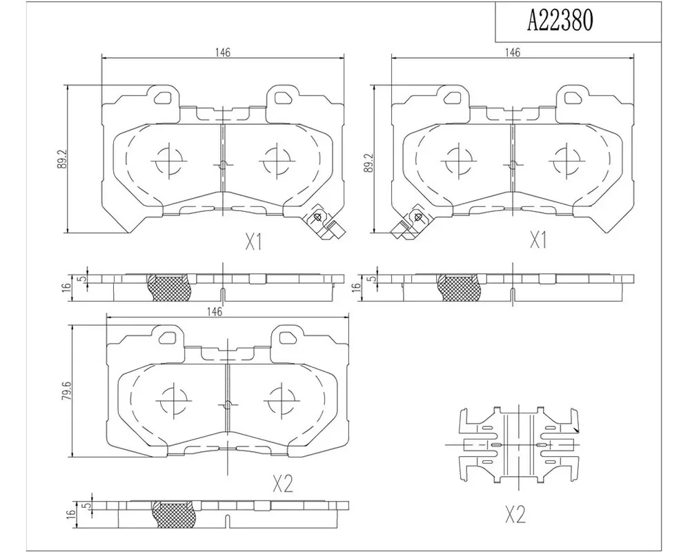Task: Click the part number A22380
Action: pyautogui.click(x=560, y=20)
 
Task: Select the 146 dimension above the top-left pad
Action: pyautogui.click(x=223, y=52)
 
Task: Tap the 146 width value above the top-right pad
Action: pyautogui.click(x=513, y=52)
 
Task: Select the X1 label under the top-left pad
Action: pyautogui.click(x=253, y=241)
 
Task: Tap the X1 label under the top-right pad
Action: pyautogui.click(x=538, y=240)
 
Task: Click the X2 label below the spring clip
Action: pyautogui.click(x=515, y=513)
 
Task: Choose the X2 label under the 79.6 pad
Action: pyautogui.click(x=282, y=484)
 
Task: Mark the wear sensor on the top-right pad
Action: pyautogui.click(x=408, y=223)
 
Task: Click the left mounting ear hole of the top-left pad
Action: pyautogui.click(x=165, y=97)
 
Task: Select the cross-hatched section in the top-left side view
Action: pyautogui.click(x=170, y=288)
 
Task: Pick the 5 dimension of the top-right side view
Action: pyautogui.click(x=373, y=279)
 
